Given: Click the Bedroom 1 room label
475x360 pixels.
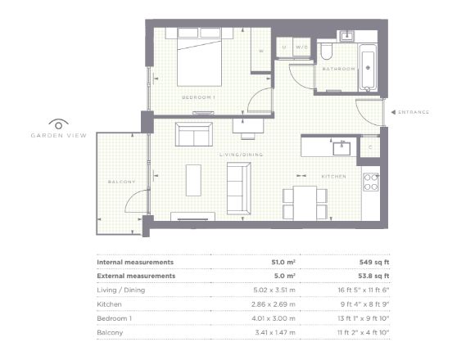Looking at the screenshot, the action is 198,97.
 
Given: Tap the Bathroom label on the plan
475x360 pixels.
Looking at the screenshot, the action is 339,69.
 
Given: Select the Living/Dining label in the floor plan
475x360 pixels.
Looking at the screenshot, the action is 241,155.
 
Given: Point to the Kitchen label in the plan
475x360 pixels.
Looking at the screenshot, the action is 333,177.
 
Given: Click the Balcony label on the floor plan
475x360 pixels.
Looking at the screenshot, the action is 121,182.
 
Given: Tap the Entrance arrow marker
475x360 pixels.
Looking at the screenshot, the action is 393,112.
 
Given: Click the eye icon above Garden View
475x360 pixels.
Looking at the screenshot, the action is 58,124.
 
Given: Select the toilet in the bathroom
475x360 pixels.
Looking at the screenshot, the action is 327,51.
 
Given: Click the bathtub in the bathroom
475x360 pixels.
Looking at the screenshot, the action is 368,68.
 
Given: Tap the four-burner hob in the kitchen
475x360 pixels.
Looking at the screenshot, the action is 371,182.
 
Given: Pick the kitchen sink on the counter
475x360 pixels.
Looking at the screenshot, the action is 342,148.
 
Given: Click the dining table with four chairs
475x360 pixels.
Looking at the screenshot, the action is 305,203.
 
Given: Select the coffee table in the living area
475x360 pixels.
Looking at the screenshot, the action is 193,180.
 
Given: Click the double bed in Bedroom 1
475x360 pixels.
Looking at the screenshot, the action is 199,57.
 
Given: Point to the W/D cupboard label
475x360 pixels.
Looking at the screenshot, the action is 301,47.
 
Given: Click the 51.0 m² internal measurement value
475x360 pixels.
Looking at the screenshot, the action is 283,263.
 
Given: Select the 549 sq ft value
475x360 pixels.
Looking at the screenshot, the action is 374,263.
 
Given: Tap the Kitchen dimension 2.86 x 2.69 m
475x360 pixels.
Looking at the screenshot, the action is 274,304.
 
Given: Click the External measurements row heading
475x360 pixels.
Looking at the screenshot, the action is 136,276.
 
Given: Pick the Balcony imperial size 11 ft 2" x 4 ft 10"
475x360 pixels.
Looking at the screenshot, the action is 364,332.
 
